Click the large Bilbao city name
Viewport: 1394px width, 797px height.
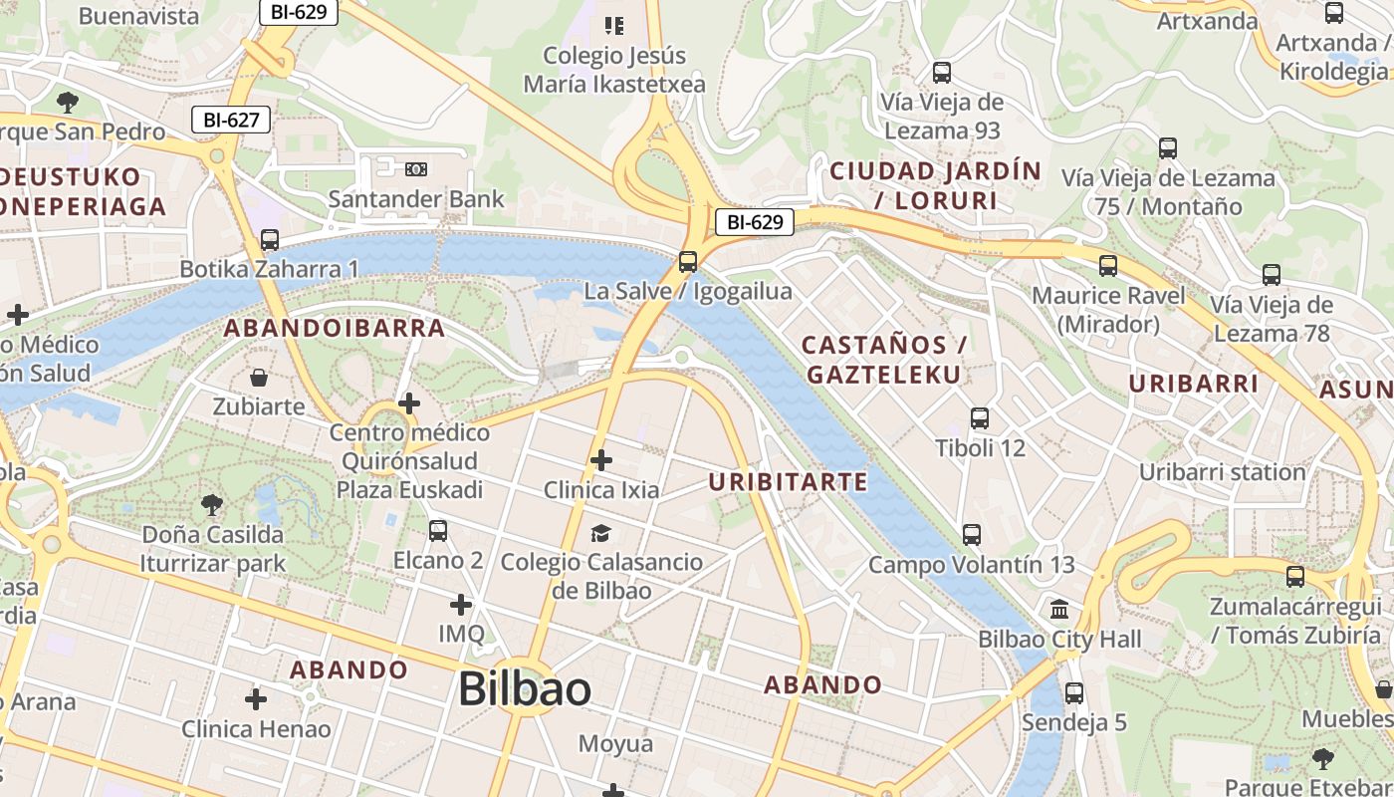tap(524, 689)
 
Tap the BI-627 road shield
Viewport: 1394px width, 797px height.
tap(231, 120)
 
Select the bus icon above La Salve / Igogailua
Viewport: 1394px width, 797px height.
tap(687, 262)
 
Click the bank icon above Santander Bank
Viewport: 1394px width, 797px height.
tap(416, 169)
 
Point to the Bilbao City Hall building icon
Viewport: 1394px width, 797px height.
tap(1059, 609)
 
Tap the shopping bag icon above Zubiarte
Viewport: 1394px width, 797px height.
tap(259, 378)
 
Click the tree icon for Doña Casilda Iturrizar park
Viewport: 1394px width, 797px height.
tap(211, 505)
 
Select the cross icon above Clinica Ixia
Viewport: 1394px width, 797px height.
tap(600, 460)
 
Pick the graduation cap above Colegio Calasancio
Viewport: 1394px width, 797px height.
tap(600, 533)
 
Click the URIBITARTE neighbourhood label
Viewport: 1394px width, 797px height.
tap(788, 482)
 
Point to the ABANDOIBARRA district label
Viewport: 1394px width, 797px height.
tap(334, 328)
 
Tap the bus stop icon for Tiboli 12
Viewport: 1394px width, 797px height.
tap(980, 418)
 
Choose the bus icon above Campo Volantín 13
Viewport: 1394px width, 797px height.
tap(972, 535)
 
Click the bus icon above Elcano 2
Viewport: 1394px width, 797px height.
tap(438, 531)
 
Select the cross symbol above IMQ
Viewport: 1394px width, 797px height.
tap(461, 605)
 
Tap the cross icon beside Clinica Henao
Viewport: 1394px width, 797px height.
tap(256, 699)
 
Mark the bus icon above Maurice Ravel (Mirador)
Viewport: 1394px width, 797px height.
tap(1108, 266)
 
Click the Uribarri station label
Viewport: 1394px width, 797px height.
tap(1223, 471)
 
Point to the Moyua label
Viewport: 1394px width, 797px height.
tap(616, 743)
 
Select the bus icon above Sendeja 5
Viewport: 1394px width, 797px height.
tap(1074, 693)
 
